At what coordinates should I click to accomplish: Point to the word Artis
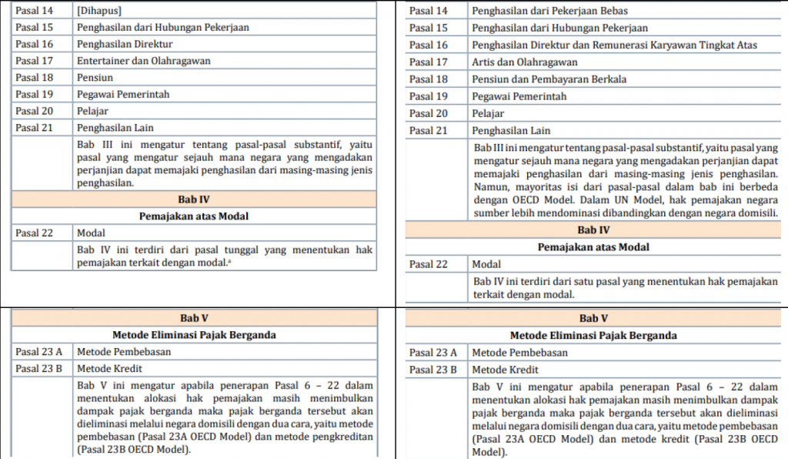point(485,62)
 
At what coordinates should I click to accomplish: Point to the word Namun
point(491,186)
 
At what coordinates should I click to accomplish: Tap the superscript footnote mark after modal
point(231,261)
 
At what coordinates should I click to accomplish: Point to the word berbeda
point(757,186)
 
